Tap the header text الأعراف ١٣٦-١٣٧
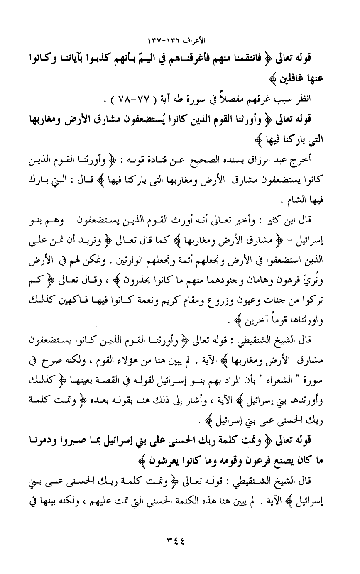tap(180, 42)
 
